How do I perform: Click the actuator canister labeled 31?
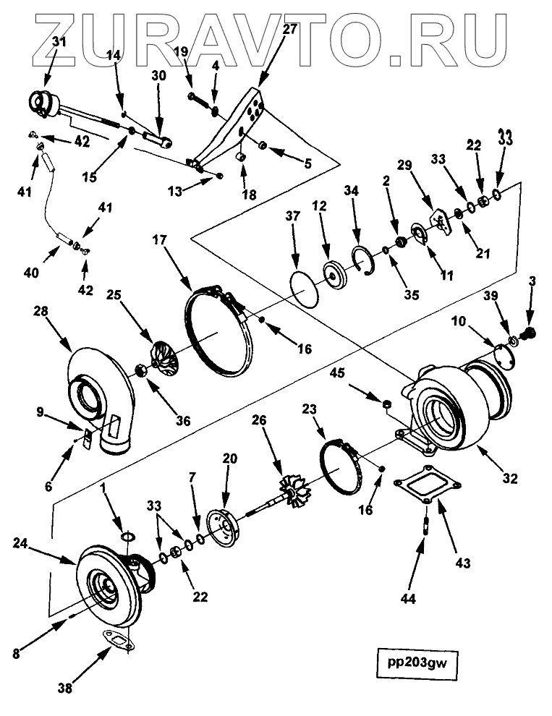tap(43, 105)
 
